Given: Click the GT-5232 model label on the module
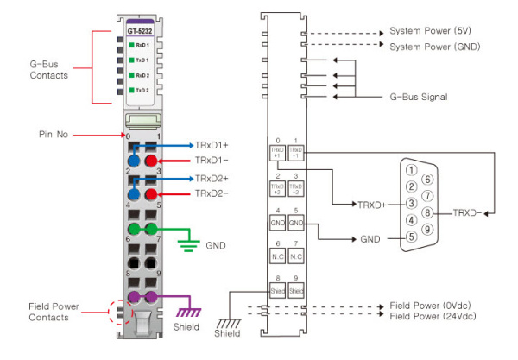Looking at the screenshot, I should [134, 32].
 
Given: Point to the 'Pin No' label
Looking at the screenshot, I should [54, 136].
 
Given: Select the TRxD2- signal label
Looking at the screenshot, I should [212, 193].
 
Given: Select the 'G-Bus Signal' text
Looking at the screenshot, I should [419, 97].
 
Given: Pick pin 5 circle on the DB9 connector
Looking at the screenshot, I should [412, 235].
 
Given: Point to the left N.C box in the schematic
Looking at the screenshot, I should [277, 257].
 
